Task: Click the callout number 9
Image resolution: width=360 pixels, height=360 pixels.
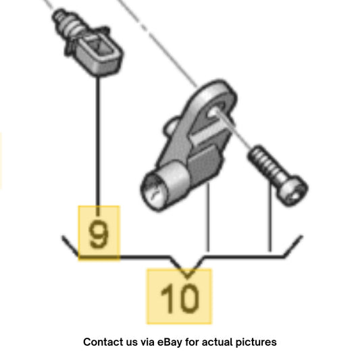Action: (99, 233)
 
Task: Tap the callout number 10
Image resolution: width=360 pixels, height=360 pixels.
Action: (180, 298)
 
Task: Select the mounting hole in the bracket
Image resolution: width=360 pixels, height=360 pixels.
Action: (214, 113)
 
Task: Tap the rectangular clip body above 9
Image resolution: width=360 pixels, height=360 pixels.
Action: (99, 55)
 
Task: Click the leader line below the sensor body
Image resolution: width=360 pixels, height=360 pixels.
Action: (208, 216)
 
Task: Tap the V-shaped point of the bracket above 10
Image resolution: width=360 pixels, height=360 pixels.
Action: (187, 277)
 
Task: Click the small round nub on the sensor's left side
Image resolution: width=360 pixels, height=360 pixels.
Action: (170, 126)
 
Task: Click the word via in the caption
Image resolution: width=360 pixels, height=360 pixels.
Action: (147, 342)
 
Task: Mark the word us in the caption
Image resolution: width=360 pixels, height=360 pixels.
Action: (131, 343)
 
